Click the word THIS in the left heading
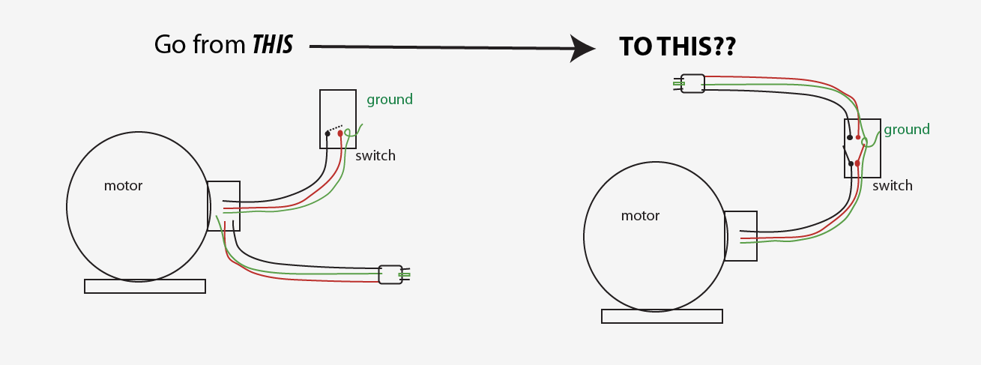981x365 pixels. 272,45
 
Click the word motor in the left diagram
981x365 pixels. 123,186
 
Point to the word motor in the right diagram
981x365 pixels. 640,216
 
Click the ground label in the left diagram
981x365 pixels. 389,100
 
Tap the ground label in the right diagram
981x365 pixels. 906,130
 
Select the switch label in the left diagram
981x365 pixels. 375,156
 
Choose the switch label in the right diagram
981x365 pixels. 892,186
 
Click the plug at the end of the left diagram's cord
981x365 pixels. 390,274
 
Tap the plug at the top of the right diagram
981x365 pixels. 692,83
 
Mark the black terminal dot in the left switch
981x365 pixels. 327,133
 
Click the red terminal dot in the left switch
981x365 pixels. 340,133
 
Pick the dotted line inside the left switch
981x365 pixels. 335,128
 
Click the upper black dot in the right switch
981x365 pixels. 849,137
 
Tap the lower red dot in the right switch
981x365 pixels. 857,163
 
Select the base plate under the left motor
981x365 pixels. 145,286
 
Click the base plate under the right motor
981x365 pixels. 662,316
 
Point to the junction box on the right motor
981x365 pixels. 740,236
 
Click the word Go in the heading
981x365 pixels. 169,45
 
